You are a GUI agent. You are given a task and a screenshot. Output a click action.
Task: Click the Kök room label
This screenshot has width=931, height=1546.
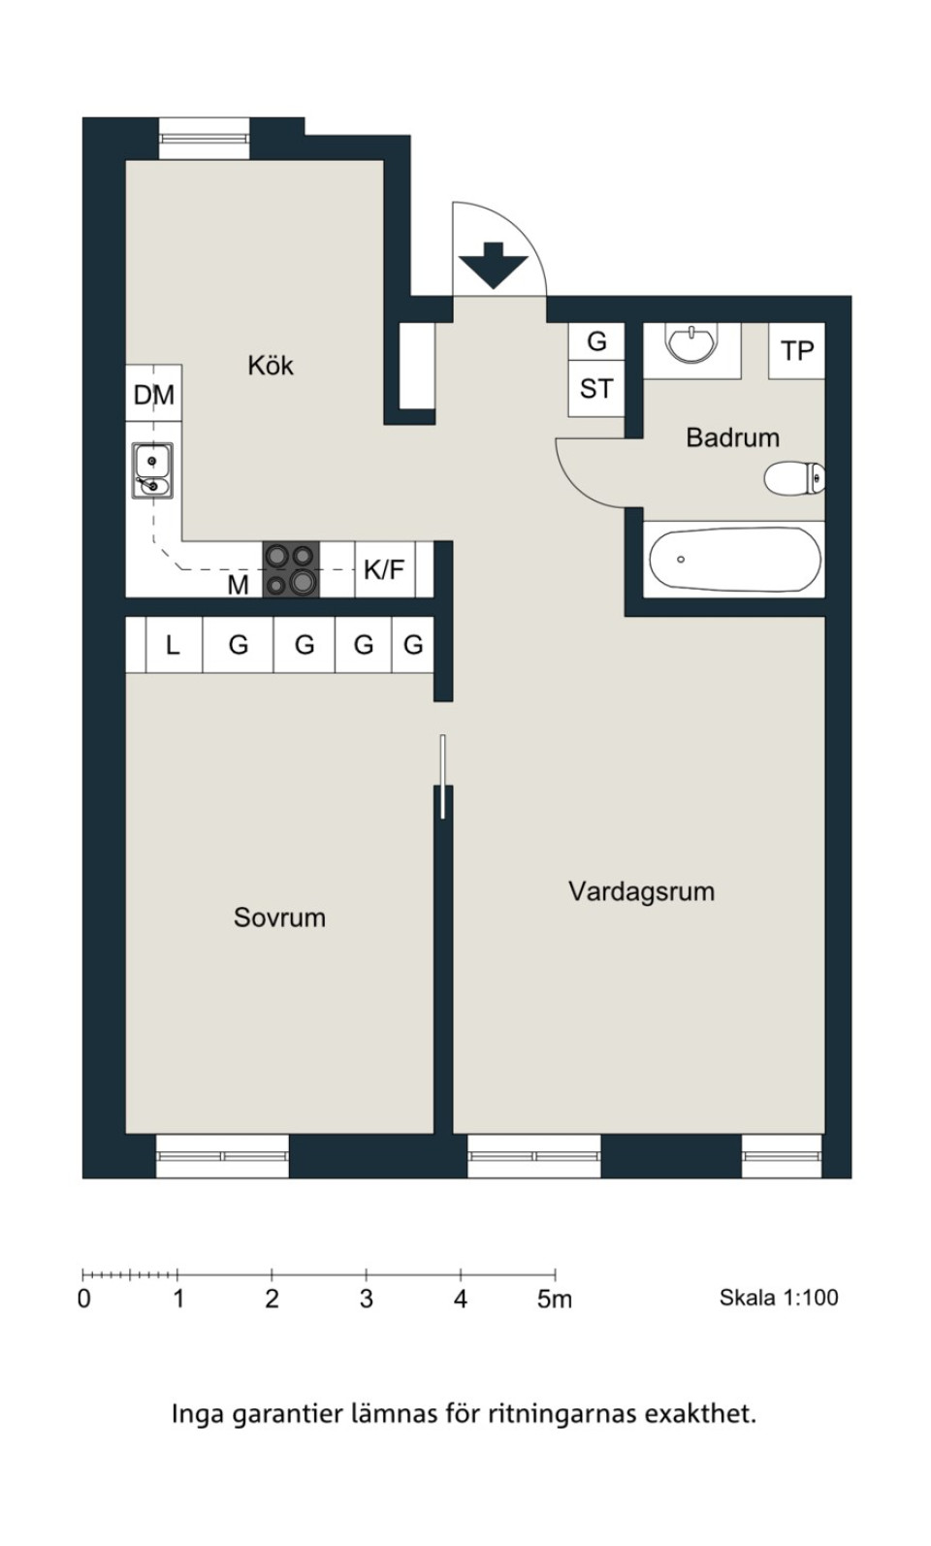[x=271, y=365]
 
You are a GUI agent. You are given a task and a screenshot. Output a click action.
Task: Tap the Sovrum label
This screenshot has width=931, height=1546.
[x=279, y=918]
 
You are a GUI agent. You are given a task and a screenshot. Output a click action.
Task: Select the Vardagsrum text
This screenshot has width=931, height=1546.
[x=641, y=891]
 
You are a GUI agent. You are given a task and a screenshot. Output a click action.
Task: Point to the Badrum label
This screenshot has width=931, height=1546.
[x=732, y=437]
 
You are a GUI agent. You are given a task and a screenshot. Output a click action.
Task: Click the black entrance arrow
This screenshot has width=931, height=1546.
[x=494, y=266]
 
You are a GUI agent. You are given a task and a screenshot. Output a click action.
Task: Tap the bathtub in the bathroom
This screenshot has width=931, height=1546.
[x=736, y=559]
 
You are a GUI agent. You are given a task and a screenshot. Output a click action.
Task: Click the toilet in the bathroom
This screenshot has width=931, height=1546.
[x=794, y=477]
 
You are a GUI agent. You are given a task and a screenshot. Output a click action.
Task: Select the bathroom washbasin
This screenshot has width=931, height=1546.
[x=692, y=342]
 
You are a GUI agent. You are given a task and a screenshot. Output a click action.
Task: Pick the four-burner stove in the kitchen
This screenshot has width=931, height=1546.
[x=291, y=569]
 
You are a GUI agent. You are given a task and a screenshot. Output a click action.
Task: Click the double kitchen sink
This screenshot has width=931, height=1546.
[x=152, y=470]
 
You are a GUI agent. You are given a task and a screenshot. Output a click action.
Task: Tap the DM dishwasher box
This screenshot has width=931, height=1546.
[x=154, y=393]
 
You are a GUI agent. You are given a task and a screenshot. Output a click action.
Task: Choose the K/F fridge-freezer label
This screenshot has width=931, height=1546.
[x=384, y=569]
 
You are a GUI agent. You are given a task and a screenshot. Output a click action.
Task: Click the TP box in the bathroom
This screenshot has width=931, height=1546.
[x=797, y=350]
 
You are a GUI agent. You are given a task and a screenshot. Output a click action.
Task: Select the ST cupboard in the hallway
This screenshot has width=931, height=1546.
[x=596, y=389]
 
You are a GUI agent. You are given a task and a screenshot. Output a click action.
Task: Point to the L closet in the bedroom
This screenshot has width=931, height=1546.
[x=174, y=645]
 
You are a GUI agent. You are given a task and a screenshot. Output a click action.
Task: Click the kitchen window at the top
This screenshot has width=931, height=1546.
[x=205, y=139]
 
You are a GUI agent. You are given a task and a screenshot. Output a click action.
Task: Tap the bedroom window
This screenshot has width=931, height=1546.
[x=222, y=1156]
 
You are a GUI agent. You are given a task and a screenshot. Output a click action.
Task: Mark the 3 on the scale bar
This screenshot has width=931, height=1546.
[x=366, y=1299]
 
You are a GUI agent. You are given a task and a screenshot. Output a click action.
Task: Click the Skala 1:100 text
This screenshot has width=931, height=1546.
[x=779, y=1298]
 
